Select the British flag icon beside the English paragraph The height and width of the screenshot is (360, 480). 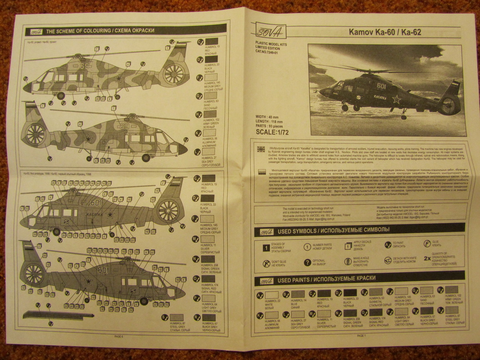[x=261, y=149]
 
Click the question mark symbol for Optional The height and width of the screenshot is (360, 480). [x=307, y=263]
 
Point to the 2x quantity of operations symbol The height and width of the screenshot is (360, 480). [x=427, y=258]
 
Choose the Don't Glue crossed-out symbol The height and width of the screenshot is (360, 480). [x=266, y=264]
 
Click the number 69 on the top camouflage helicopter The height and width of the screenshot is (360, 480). [x=85, y=66]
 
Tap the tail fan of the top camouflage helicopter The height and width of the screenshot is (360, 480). [x=173, y=74]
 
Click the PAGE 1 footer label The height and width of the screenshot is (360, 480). [x=361, y=335]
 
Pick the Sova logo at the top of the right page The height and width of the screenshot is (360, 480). [x=270, y=31]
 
